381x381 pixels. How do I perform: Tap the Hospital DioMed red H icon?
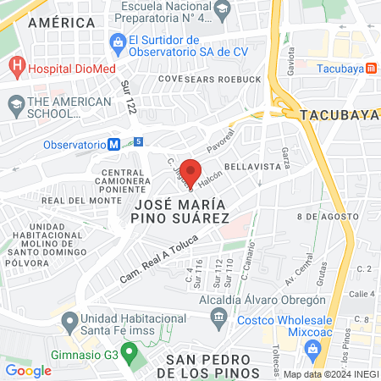(16, 67)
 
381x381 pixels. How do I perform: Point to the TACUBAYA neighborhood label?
(331, 113)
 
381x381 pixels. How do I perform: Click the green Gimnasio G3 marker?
(129, 351)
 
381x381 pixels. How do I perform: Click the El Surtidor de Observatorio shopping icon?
(117, 41)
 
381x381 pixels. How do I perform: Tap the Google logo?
(28, 370)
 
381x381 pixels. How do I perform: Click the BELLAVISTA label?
(251, 167)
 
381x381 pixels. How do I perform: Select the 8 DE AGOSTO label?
(325, 217)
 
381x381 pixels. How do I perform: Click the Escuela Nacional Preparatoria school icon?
(223, 9)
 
